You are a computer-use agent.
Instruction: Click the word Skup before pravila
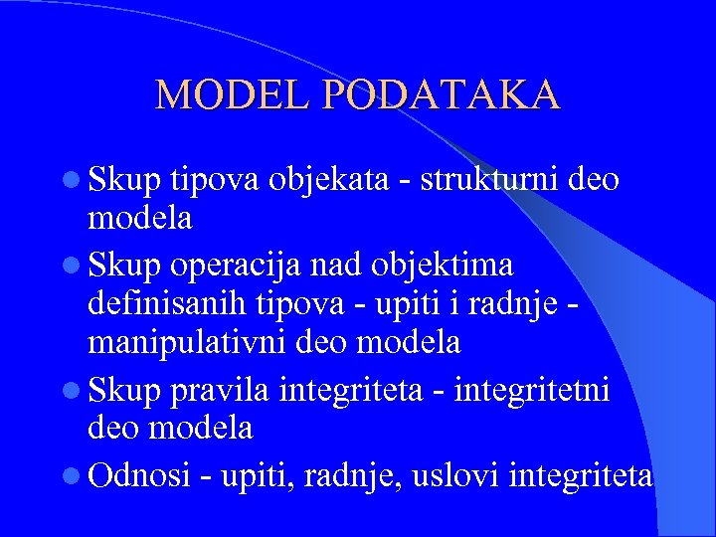(125, 386)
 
